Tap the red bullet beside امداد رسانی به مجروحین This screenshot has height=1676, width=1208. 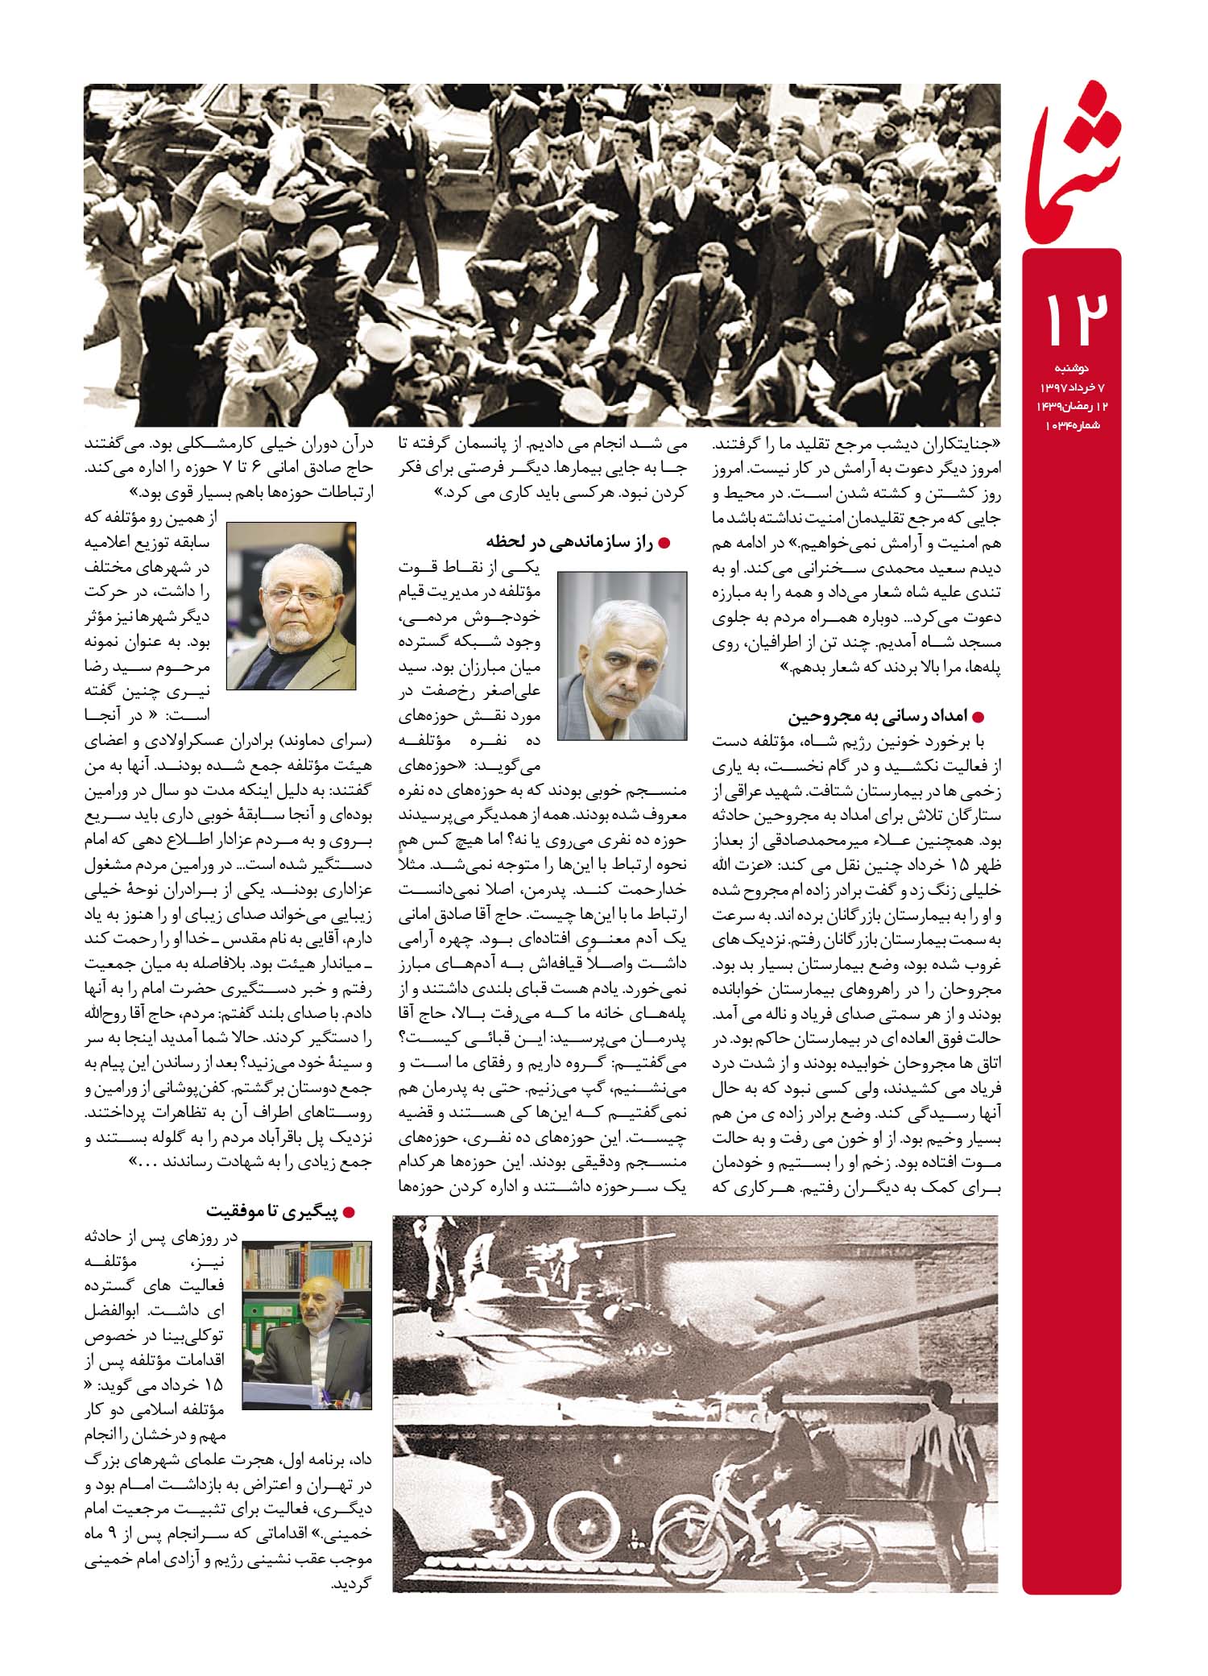point(979,717)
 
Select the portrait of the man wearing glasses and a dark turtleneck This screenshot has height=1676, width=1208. point(291,605)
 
